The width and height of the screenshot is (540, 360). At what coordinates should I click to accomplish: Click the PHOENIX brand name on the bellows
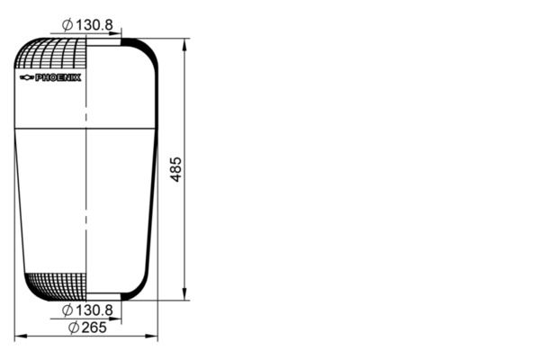58,78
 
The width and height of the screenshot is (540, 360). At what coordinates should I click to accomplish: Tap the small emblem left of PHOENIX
25,78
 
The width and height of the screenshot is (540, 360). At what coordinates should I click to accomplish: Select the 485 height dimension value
176,169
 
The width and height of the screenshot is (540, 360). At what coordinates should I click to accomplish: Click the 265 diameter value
94,328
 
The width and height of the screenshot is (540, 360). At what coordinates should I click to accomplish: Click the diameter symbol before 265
73,328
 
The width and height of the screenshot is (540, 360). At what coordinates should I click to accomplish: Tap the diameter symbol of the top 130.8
67,24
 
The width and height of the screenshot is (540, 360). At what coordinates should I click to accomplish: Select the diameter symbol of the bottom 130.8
67,310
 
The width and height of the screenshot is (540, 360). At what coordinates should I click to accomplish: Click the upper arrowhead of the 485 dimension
185,42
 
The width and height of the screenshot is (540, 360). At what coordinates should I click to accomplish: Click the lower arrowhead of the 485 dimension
185,296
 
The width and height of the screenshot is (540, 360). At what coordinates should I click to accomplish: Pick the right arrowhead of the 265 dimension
154,337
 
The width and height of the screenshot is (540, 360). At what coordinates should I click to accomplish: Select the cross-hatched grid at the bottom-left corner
54,287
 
